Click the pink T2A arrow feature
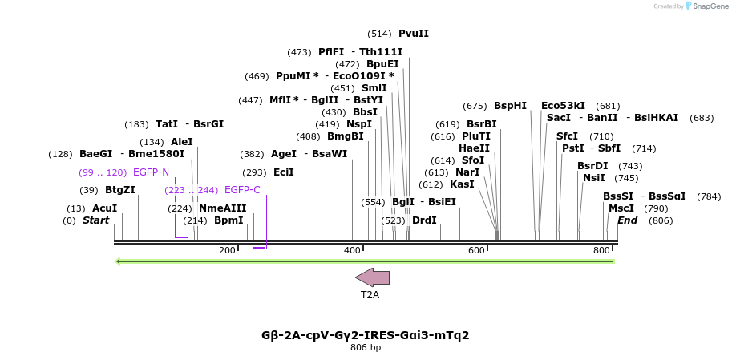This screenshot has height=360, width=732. pos(373,277)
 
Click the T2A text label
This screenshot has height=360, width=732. pos(370,295)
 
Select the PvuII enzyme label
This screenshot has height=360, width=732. pos(414,34)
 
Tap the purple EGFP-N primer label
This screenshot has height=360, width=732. pos(151,172)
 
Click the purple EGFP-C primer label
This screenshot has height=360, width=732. pos(242,190)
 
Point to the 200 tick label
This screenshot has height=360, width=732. pos(228,251)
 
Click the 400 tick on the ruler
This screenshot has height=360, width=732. pos(353,251)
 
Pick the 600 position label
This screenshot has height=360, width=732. pos(477,251)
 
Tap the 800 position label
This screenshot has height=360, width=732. pos(601,251)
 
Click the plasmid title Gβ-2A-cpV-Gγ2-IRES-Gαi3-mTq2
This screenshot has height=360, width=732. pos(366,335)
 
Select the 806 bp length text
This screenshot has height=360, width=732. pos(366,348)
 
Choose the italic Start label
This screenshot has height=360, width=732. pos(95,220)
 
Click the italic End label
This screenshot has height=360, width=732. pos(628,220)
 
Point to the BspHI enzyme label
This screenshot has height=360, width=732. pos(510,106)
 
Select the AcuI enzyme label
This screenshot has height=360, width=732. pos(104,208)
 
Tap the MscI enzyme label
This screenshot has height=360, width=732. pos(621,208)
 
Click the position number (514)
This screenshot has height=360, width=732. pos(379,34)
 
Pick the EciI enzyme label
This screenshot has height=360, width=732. pos(284,172)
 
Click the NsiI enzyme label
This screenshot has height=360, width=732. pos(594,178)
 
